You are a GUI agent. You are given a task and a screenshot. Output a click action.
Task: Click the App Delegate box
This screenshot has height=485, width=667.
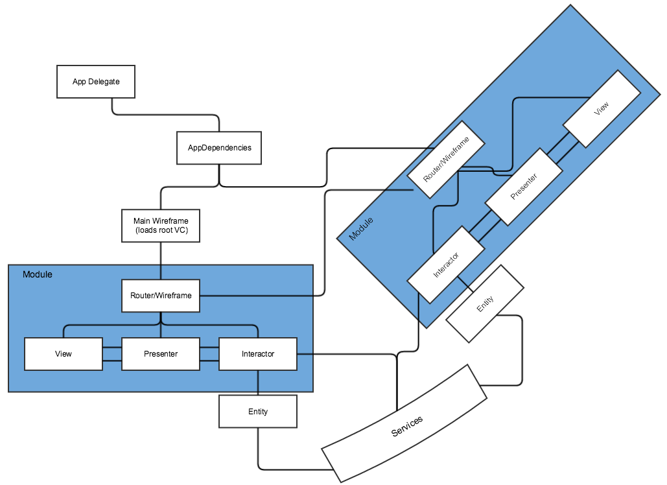click(x=96, y=82)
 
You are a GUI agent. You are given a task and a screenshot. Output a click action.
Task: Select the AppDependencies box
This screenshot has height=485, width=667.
click(x=219, y=148)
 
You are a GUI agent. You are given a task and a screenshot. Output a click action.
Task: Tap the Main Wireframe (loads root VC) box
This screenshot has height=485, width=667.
click(x=161, y=226)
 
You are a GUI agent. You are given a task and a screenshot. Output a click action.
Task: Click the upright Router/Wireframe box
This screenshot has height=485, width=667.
click(x=161, y=296)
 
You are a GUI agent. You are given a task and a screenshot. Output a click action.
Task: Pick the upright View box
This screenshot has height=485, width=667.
click(x=64, y=354)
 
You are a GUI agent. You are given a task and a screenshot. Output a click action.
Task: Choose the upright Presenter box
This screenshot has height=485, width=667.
click(x=161, y=354)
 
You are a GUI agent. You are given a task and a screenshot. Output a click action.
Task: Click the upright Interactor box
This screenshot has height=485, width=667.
click(x=258, y=354)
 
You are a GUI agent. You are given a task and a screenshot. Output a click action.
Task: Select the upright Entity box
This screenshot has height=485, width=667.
click(x=258, y=412)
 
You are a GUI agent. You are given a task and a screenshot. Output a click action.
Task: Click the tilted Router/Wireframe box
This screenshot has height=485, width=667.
click(x=447, y=159)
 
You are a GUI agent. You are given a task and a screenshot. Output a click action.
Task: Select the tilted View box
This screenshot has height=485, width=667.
click(x=602, y=108)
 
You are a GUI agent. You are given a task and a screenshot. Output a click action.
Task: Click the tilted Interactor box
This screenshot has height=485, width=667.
click(x=446, y=264)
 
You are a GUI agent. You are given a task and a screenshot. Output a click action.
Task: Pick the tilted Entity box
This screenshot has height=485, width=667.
click(x=485, y=303)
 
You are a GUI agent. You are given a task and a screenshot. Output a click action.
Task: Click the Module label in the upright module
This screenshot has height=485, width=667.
click(x=38, y=274)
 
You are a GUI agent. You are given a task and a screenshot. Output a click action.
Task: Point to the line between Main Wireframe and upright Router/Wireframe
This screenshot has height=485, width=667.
click(x=161, y=261)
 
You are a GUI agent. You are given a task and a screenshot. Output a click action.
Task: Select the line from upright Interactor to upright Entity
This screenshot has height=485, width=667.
click(x=258, y=383)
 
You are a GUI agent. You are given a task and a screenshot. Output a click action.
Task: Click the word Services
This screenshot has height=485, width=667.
click(x=407, y=426)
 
